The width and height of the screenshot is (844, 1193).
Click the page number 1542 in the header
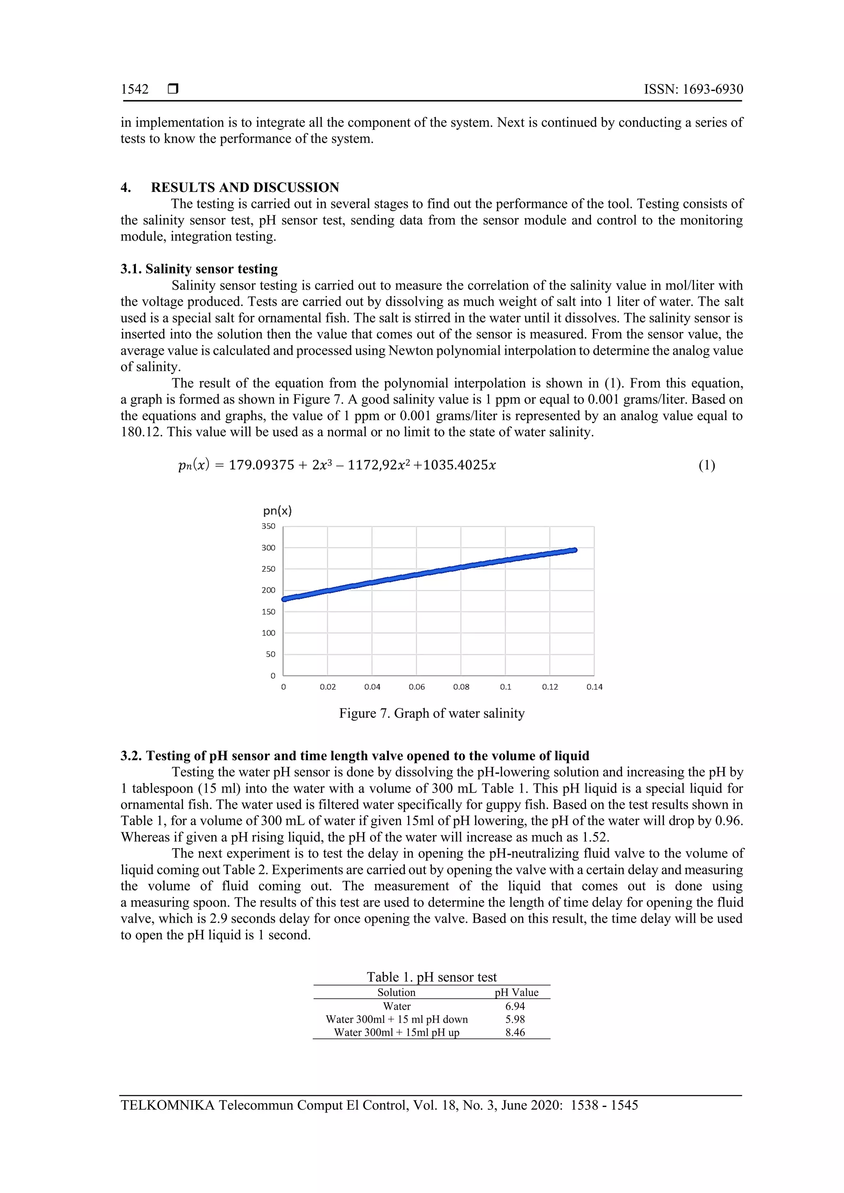tap(135, 89)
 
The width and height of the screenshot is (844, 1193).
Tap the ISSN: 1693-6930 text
tap(693, 89)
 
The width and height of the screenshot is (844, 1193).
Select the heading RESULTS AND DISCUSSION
tap(245, 187)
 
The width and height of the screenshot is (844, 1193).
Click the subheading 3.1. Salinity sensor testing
tap(199, 269)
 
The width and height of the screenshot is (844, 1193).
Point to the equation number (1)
tap(706, 465)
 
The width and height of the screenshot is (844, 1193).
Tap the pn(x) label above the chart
tap(277, 511)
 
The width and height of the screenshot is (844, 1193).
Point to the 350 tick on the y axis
tap(268, 526)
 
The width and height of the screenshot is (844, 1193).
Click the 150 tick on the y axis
tap(268, 612)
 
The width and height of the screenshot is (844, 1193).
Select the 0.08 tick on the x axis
tap(461, 687)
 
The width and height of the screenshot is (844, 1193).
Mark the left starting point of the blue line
tap(284, 599)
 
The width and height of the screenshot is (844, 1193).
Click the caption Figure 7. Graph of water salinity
tap(431, 713)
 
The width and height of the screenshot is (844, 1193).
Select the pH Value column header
tap(516, 992)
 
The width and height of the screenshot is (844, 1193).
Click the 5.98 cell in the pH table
tap(515, 1020)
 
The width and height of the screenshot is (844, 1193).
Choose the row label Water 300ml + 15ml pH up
tap(396, 1032)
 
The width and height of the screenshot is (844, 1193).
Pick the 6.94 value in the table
tap(515, 1006)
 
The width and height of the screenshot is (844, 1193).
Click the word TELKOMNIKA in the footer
tap(167, 1105)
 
